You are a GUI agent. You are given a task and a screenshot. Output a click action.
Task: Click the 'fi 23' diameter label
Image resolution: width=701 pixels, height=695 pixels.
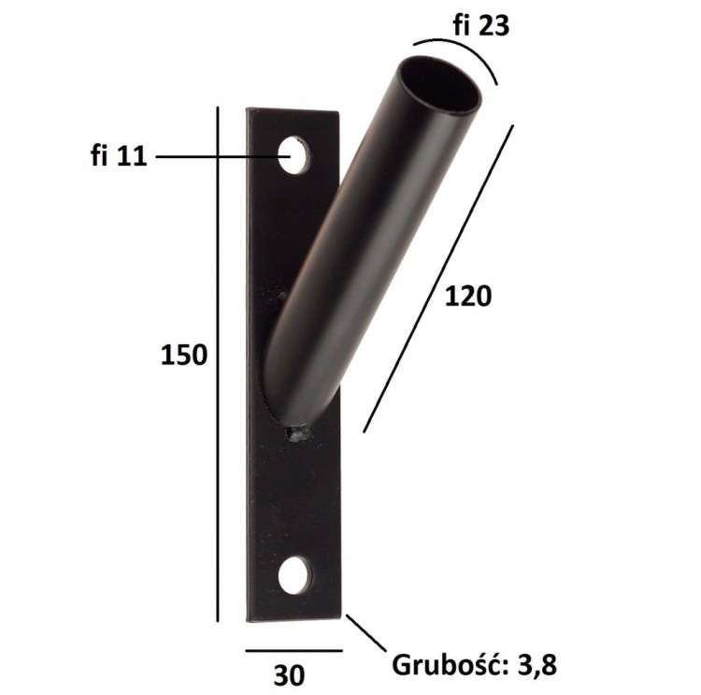tap(481, 25)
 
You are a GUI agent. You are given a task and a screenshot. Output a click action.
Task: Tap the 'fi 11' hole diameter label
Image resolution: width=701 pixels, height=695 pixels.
tap(119, 156)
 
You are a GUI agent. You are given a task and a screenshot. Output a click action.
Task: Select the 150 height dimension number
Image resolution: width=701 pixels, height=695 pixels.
tap(184, 355)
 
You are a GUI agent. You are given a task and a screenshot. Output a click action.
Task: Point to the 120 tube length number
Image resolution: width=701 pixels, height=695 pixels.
tap(468, 297)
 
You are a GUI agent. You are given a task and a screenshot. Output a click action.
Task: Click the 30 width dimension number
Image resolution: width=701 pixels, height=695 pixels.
tap(289, 675)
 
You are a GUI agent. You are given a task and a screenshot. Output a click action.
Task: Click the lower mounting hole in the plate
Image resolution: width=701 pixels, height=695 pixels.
tap(295, 575)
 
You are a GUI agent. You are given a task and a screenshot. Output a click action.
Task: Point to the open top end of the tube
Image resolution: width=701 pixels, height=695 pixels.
tap(440, 84)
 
